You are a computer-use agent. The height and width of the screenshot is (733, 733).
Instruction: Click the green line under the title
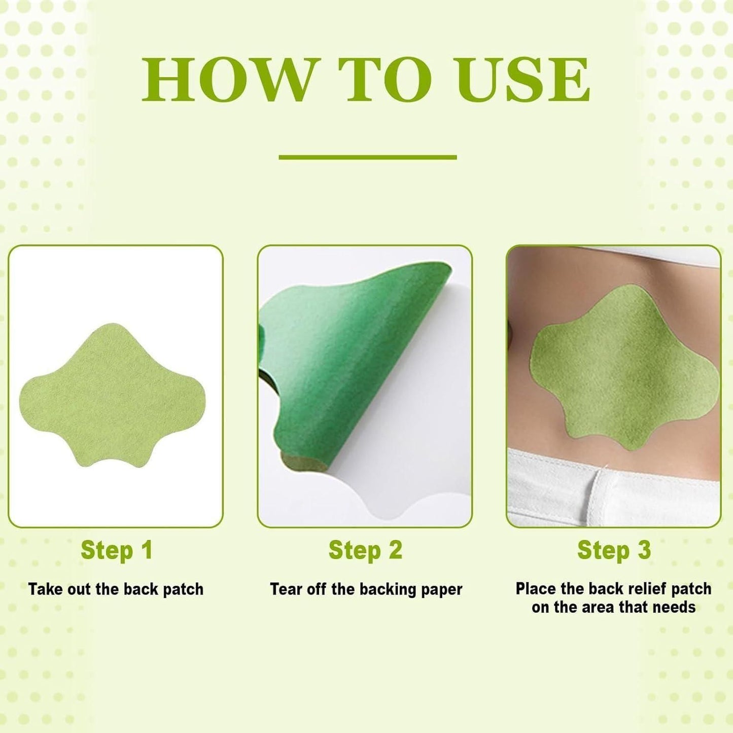pyautogui.click(x=367, y=157)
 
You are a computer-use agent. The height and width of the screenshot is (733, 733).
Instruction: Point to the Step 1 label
pyautogui.click(x=116, y=550)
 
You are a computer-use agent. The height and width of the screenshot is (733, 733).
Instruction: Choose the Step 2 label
pyautogui.click(x=365, y=550)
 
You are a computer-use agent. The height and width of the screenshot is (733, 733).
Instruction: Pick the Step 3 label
pyautogui.click(x=614, y=550)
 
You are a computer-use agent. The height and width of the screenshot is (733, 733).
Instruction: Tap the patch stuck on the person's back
pyautogui.click(x=624, y=370)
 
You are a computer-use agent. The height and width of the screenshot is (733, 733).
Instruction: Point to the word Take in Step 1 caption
pyautogui.click(x=45, y=589)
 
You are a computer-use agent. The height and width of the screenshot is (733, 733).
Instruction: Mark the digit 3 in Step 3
pyautogui.click(x=644, y=550)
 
